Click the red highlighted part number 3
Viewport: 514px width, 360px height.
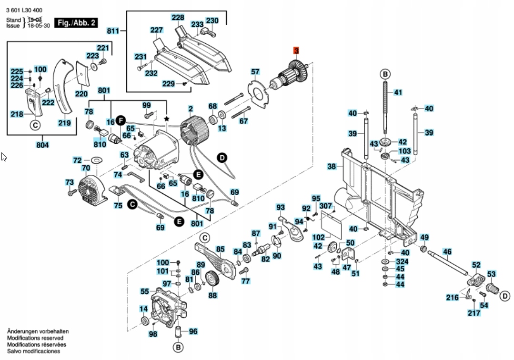coord(296,50)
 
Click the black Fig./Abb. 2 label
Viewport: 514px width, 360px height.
coord(76,23)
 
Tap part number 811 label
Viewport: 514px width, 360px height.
coord(113,31)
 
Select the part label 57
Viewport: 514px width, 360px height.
coord(255,72)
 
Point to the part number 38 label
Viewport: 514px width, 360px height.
coord(332,167)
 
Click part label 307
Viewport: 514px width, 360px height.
coord(326,206)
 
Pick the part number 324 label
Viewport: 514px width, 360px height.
coord(402,262)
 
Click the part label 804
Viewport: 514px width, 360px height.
coord(42,144)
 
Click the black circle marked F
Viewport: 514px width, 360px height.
coord(121,122)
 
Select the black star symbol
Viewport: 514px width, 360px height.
coord(166,117)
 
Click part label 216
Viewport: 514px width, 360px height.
coord(452,298)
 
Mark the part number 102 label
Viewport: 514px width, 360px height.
coord(318,237)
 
